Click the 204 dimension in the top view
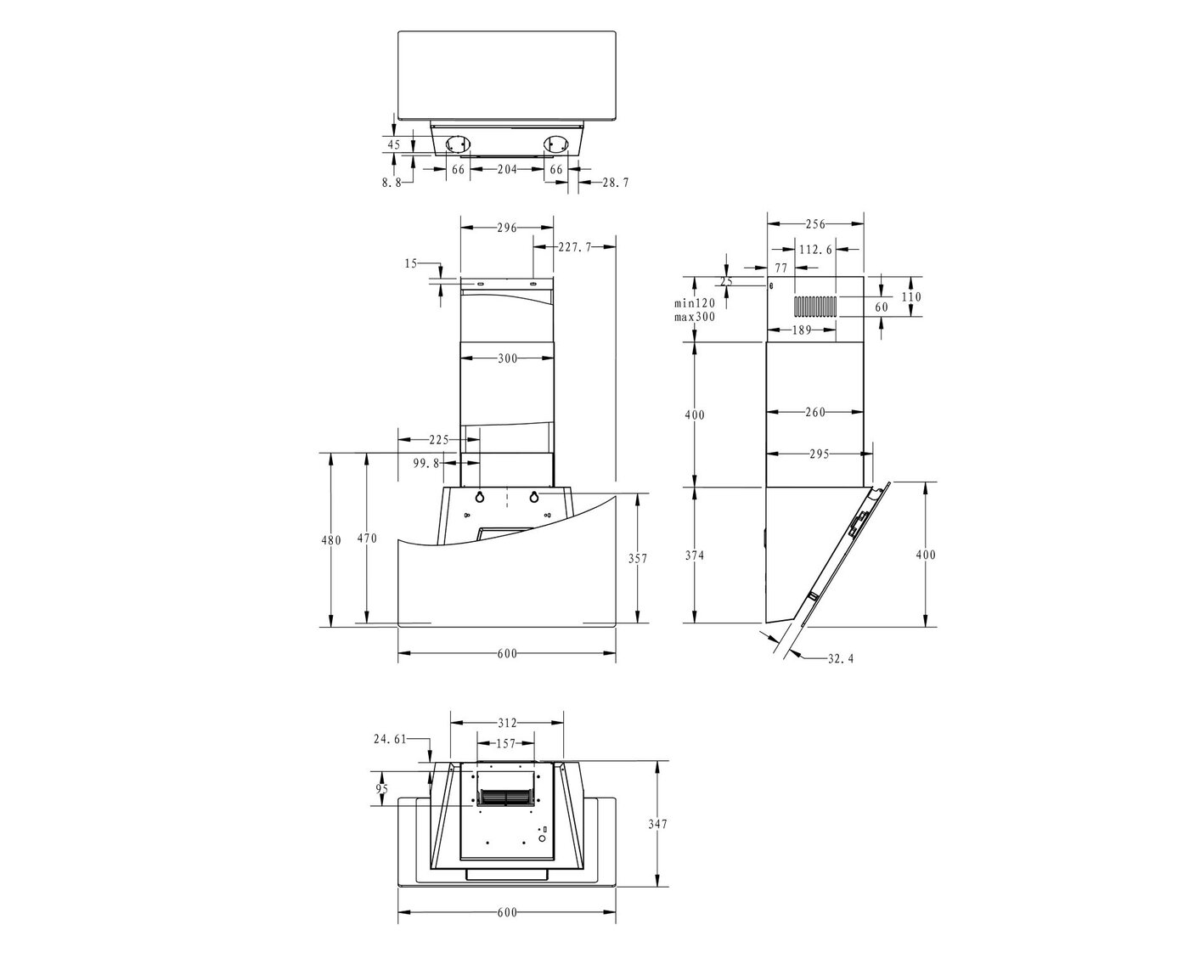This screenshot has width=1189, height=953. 507,169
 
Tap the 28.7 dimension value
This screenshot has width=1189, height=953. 615,182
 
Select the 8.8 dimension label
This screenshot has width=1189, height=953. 392,183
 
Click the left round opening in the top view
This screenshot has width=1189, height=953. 456,145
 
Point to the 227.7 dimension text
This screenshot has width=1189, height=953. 575,247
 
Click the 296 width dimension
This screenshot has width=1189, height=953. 507,227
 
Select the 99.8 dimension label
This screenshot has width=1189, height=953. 426,463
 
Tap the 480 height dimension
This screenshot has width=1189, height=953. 331,540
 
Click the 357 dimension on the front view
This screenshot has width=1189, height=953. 637,558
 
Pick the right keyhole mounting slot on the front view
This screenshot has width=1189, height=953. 534,496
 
